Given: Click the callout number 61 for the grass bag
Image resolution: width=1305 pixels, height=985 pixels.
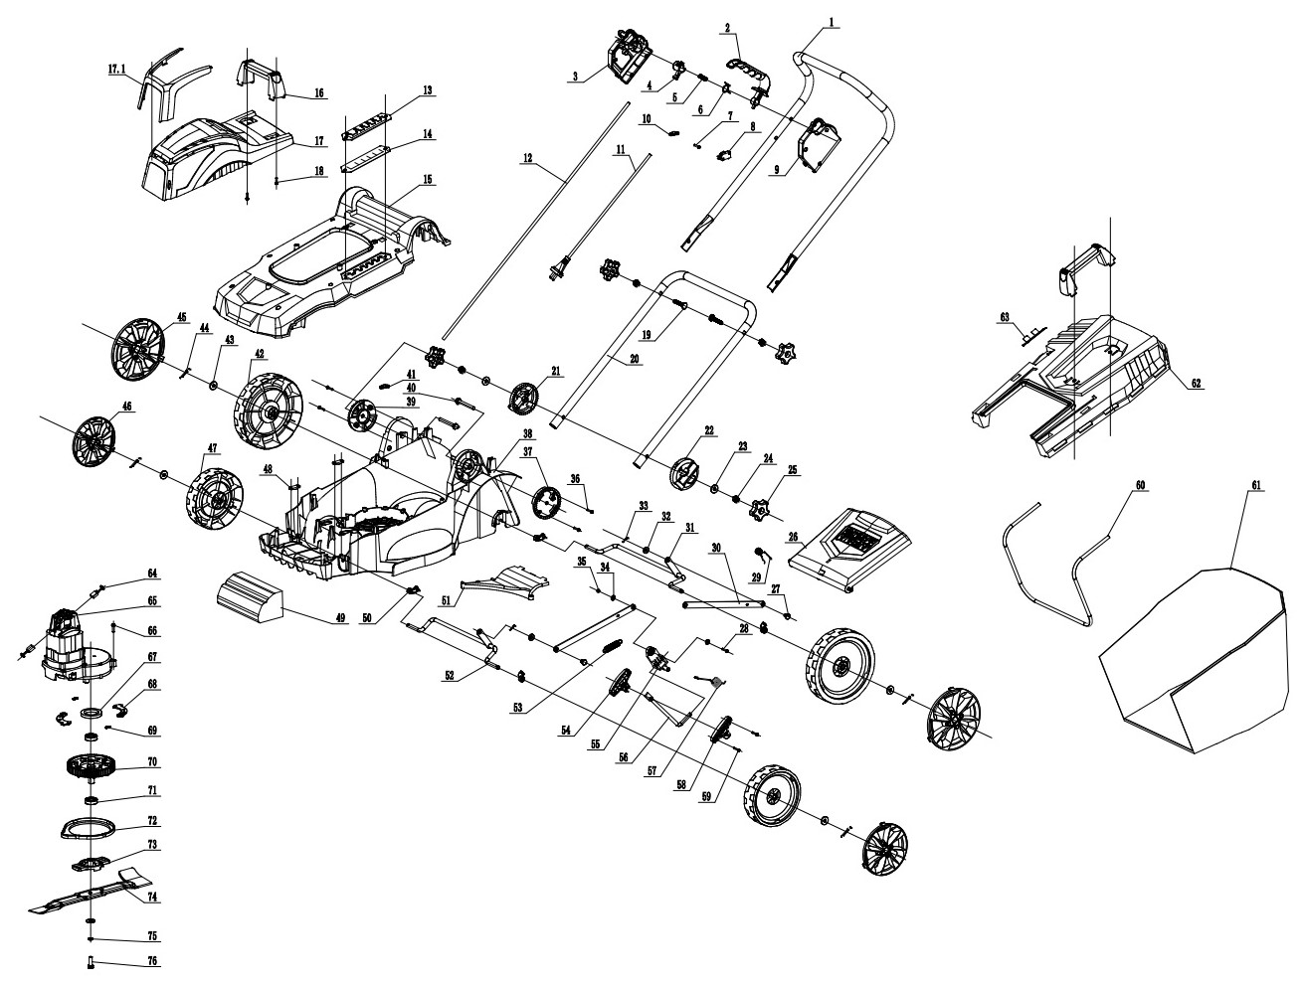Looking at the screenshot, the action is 1255,485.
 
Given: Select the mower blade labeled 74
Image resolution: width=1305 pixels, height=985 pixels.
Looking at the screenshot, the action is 90,892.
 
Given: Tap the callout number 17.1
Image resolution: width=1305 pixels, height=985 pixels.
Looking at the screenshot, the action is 116,70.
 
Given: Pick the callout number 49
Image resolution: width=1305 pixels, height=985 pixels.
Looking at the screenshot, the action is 340,618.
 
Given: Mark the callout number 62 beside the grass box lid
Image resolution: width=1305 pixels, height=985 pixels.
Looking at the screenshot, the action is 1195,384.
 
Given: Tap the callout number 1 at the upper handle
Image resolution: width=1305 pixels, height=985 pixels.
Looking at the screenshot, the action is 832,23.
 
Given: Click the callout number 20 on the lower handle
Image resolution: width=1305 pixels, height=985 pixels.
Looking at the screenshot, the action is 634,359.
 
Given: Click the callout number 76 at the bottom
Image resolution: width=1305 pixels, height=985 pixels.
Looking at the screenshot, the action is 153,961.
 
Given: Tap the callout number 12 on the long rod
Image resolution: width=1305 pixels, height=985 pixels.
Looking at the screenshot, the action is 527,158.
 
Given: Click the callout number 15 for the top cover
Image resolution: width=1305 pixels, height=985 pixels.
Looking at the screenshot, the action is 428,180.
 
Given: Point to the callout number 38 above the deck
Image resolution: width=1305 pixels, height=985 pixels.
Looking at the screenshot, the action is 527,433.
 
